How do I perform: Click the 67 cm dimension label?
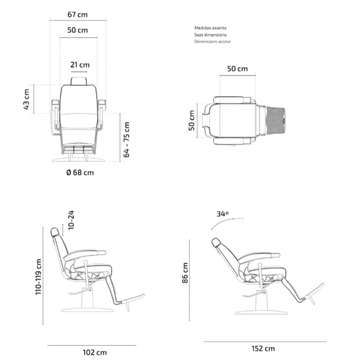(x=77, y=14)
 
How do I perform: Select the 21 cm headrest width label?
(x=80, y=65)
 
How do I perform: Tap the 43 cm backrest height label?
(x=26, y=99)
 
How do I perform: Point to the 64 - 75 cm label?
(x=127, y=140)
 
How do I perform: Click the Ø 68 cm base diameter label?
(x=80, y=172)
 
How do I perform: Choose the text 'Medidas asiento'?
(x=211, y=28)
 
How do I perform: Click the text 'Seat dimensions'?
(x=211, y=35)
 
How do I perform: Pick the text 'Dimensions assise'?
(x=212, y=41)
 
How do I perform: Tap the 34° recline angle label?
(x=223, y=214)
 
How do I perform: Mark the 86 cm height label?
(x=185, y=273)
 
